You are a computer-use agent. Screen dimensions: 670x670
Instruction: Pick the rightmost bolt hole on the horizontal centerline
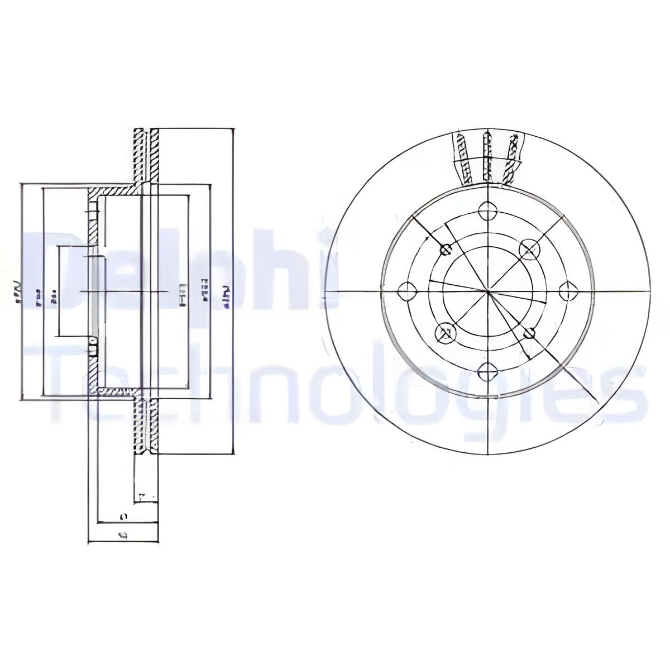(568, 290)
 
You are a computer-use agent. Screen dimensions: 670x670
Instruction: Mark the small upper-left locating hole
(445, 250)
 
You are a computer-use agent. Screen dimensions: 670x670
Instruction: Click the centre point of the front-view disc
(488, 291)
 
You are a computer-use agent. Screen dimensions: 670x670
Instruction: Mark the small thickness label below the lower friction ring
(144, 495)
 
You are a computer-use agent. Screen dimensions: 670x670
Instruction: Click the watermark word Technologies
(346, 391)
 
